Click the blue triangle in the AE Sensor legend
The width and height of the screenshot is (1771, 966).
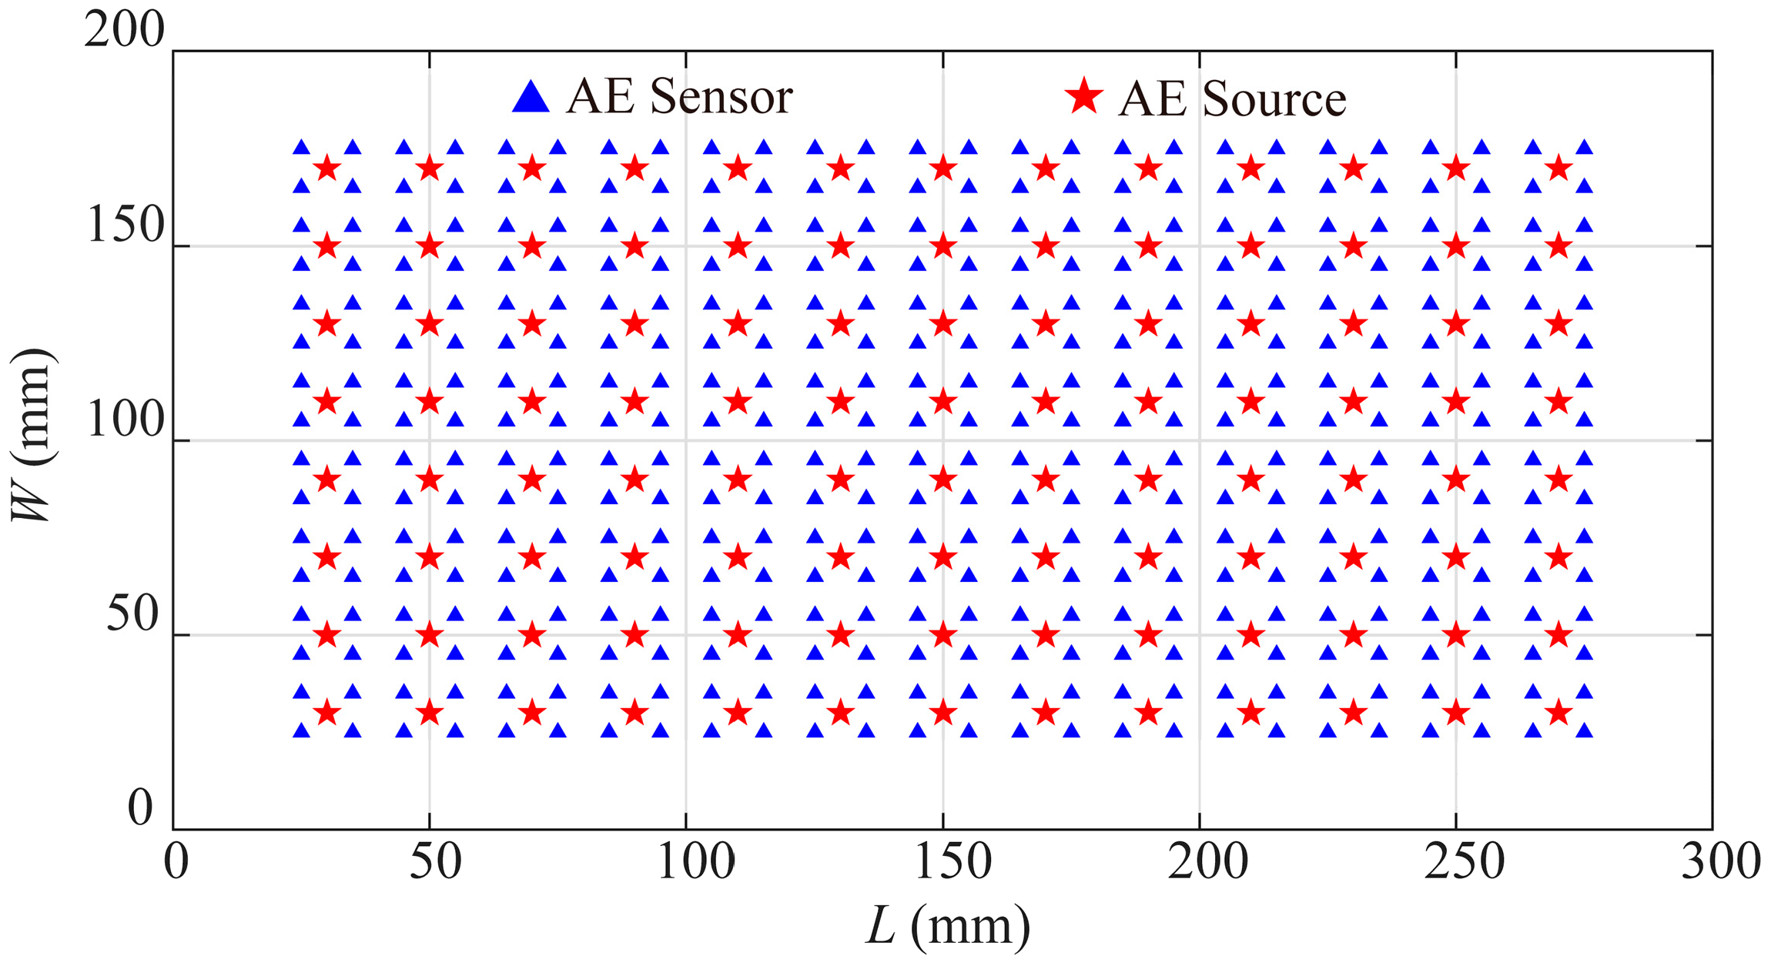pyautogui.click(x=531, y=98)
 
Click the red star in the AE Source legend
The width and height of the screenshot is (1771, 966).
pyautogui.click(x=1084, y=97)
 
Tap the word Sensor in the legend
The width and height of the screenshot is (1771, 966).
pyautogui.click(x=721, y=98)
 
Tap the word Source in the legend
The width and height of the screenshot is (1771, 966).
pyautogui.click(x=1274, y=99)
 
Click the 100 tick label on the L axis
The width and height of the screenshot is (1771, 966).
pyautogui.click(x=695, y=861)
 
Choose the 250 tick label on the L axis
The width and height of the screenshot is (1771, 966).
pyautogui.click(x=1464, y=861)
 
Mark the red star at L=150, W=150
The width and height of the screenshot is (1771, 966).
pyautogui.click(x=942, y=246)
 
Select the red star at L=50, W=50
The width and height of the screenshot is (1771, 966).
pyautogui.click(x=430, y=635)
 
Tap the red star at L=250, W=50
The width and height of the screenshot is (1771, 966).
pyautogui.click(x=1455, y=635)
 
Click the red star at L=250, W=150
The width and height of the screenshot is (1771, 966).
pyautogui.click(x=1455, y=246)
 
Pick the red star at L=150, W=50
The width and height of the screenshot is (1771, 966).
pyautogui.click(x=942, y=635)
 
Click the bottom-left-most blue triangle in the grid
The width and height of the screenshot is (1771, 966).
pyautogui.click(x=302, y=730)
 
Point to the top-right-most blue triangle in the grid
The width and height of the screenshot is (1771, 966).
pyautogui.click(x=1584, y=147)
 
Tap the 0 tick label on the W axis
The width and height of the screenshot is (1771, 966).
pyautogui.click(x=141, y=809)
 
